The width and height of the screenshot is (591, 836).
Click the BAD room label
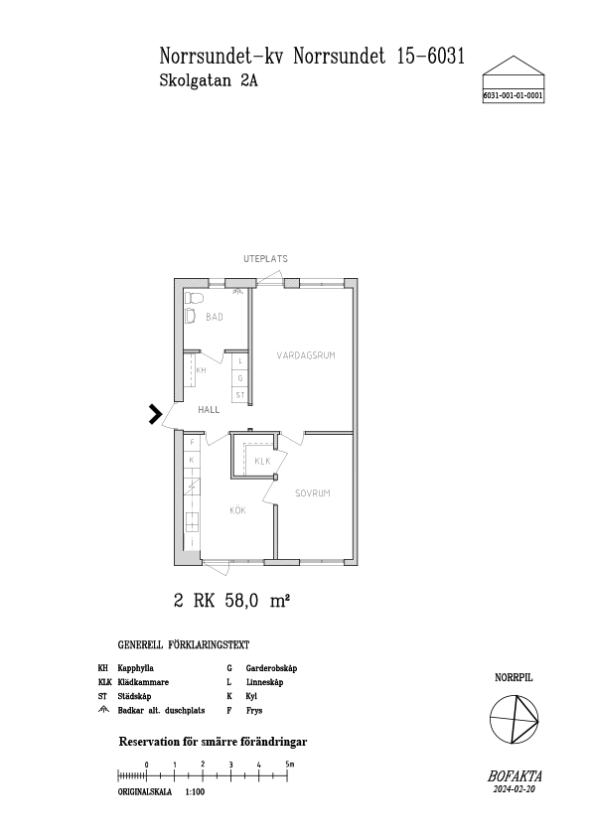pyautogui.click(x=215, y=318)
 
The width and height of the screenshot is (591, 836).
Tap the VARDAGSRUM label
pyautogui.click(x=306, y=355)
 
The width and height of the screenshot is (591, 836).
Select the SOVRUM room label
pyautogui.click(x=313, y=493)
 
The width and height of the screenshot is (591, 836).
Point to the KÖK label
pyautogui.click(x=238, y=510)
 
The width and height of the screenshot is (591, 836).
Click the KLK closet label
pyautogui.click(x=262, y=461)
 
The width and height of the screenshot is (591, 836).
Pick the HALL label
pyautogui.click(x=209, y=410)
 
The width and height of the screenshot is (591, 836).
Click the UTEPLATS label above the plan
pyautogui.click(x=265, y=258)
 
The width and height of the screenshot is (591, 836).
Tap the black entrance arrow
pyautogui.click(x=155, y=414)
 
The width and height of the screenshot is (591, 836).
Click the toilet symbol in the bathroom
pyautogui.click(x=193, y=298)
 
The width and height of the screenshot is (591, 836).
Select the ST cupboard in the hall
pyautogui.click(x=240, y=395)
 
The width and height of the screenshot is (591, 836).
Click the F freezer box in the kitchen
pyautogui.click(x=192, y=443)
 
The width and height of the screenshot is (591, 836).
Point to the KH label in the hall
pyautogui.click(x=201, y=370)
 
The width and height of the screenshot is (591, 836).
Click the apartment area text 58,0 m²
pyautogui.click(x=257, y=601)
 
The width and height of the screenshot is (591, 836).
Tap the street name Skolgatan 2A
pyautogui.click(x=209, y=80)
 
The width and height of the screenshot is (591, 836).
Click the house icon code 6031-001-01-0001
pyautogui.click(x=514, y=96)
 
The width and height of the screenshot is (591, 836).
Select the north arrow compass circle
pyautogui.click(x=515, y=719)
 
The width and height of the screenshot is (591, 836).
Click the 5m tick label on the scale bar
pyautogui.click(x=290, y=765)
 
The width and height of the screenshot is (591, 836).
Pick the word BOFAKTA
pyautogui.click(x=515, y=776)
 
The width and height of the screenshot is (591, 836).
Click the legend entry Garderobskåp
pyautogui.click(x=271, y=668)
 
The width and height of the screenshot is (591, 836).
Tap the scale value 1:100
pyautogui.click(x=196, y=792)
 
